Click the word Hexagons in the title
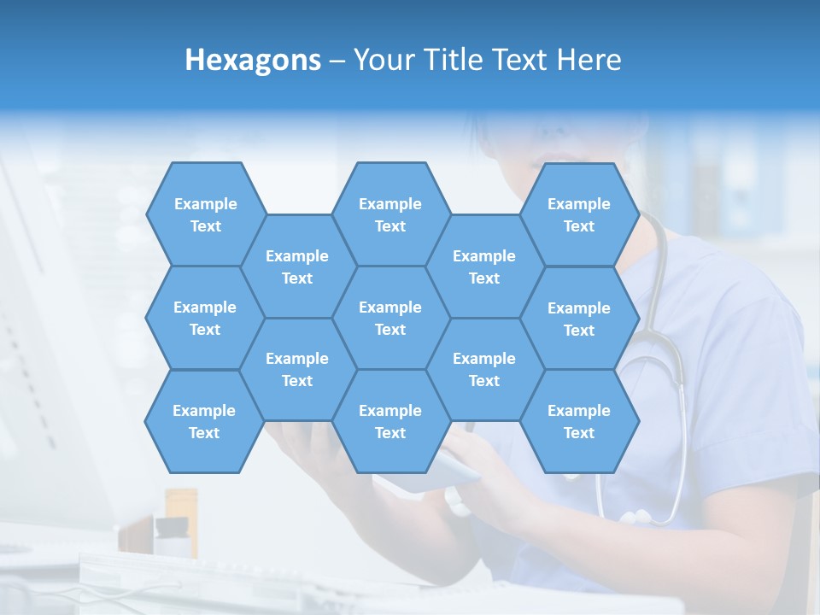click(x=253, y=60)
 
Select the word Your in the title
click(x=380, y=60)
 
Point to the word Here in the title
click(x=589, y=60)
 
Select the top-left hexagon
click(x=205, y=214)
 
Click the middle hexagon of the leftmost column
click(x=205, y=318)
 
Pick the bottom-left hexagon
click(x=204, y=421)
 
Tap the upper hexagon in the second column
click(x=297, y=266)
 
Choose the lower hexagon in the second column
click(x=297, y=369)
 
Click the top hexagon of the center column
click(x=390, y=214)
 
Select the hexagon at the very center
click(x=390, y=318)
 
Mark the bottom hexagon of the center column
click(x=390, y=421)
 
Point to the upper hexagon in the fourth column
click(x=484, y=266)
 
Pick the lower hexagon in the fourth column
click(x=484, y=369)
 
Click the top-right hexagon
click(x=579, y=214)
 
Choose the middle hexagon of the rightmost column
click(x=579, y=319)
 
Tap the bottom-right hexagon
click(x=579, y=421)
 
